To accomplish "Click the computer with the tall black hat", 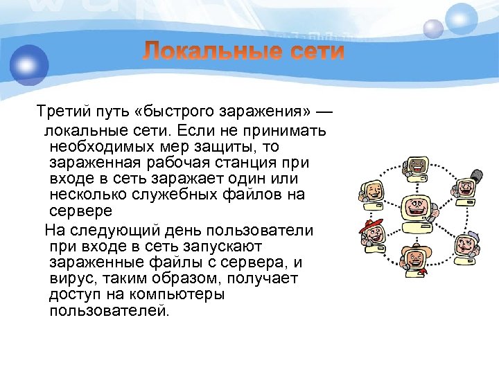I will [x=466, y=187].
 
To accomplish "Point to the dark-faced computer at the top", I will [x=417, y=168].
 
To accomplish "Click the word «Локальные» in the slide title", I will [x=206, y=51].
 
